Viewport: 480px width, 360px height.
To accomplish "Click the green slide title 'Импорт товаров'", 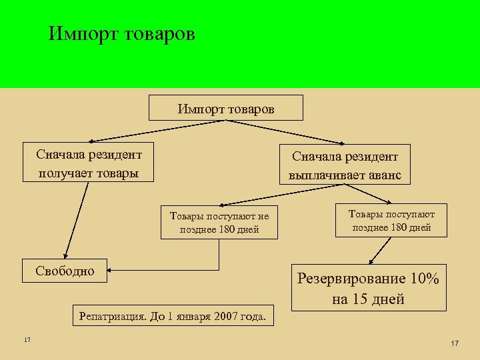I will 122,34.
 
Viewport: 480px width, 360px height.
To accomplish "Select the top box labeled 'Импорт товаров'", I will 226,107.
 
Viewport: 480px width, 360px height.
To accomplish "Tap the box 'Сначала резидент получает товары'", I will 88,163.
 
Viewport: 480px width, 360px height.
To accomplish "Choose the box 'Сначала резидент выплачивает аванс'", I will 345,165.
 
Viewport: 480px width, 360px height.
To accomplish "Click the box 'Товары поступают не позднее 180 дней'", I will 219,223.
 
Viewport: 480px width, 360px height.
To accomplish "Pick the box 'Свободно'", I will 65,271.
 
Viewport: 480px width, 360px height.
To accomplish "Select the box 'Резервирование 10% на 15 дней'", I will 368,288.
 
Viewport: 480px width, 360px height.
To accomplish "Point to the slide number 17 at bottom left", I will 27,341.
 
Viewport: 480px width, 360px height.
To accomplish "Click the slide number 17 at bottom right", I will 455,343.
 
